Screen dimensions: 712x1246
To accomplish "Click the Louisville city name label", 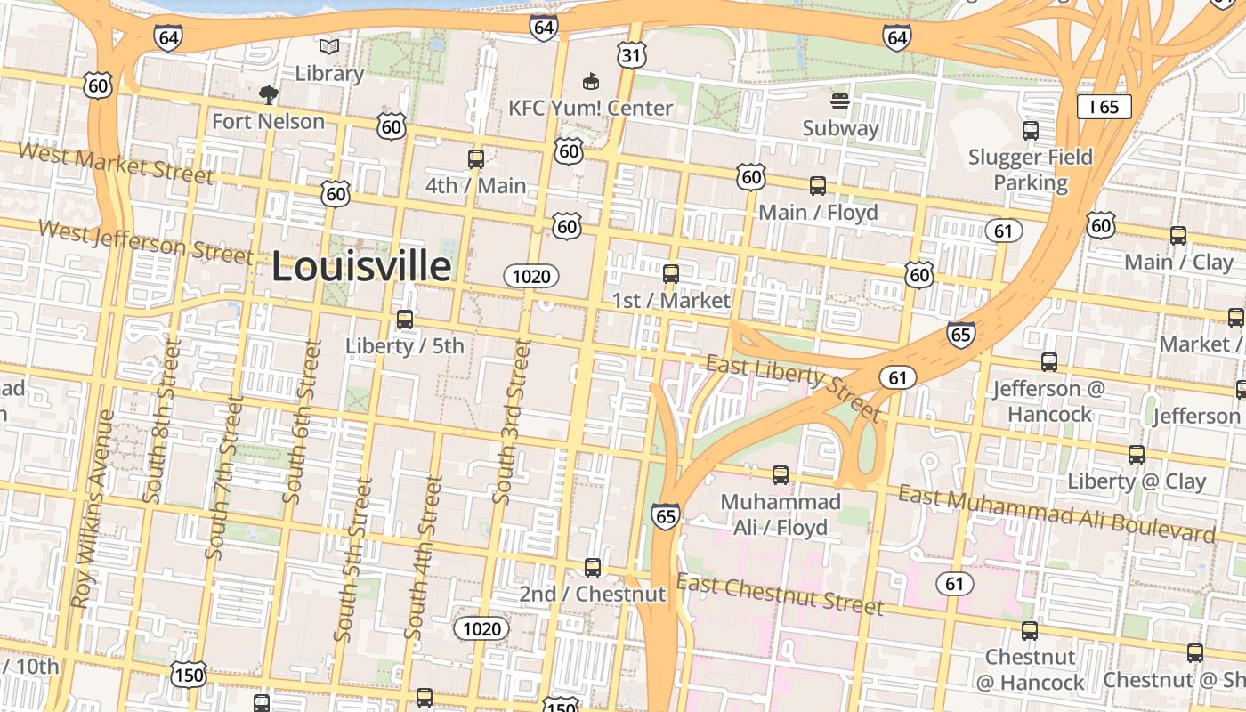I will point(360,267).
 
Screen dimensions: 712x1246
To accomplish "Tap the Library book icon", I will point(329,46).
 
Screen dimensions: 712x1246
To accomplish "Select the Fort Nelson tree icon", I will point(267,95).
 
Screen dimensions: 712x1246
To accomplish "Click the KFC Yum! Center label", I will point(590,108).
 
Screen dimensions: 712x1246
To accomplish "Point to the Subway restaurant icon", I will point(841,101).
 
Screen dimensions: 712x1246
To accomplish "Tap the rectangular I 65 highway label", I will point(1104,107).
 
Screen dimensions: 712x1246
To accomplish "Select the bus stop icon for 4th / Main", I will point(476,159).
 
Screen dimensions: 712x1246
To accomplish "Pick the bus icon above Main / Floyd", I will point(818,186).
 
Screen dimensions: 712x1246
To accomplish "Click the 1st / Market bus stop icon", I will point(671,273).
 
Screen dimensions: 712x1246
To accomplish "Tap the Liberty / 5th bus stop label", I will point(405,345).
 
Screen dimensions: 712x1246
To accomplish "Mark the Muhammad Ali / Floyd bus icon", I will point(781,475).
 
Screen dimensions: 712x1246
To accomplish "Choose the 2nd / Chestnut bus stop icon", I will point(593,567).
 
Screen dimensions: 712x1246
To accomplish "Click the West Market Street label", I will point(116,163).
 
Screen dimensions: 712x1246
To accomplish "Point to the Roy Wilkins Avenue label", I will point(93,508).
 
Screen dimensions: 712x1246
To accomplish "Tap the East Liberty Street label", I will point(793,387).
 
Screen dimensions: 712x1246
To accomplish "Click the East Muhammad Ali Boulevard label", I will point(1056,514).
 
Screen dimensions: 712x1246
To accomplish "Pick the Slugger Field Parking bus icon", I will point(1031,131).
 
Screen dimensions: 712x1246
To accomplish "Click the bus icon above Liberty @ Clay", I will point(1137,455).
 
